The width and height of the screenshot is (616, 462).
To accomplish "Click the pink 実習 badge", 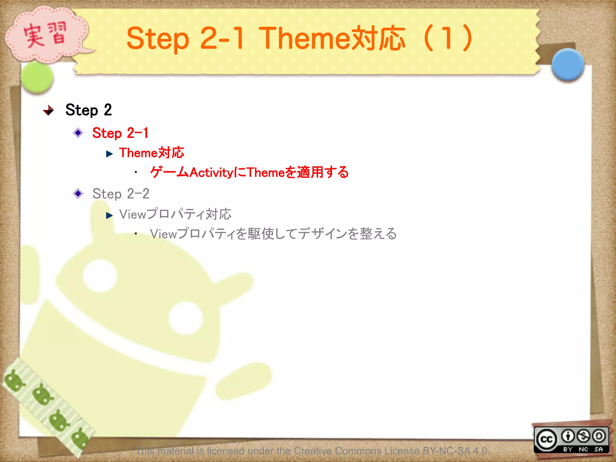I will tap(45, 35).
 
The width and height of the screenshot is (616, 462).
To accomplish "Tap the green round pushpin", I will tap(37, 77).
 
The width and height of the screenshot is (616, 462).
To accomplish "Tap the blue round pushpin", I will tap(568, 65).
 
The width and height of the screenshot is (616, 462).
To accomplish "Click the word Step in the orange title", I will tap(158, 39).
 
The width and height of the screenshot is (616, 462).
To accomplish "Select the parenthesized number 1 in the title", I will tap(448, 38).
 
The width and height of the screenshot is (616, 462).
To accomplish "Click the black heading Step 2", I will tap(88, 110).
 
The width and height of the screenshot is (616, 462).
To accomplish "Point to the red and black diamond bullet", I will tap(48, 110).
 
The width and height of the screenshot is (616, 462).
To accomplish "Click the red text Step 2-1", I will tap(120, 133).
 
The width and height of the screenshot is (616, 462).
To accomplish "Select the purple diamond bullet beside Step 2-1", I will tap(78, 133).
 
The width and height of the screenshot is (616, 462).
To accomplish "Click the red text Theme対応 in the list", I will tap(152, 153).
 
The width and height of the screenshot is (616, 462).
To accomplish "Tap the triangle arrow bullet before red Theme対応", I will tap(109, 154).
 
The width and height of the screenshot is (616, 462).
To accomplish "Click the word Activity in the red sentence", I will tap(211, 173).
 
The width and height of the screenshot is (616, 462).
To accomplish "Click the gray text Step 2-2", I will tap(121, 194).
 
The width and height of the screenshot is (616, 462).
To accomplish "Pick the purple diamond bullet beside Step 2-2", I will tap(78, 193).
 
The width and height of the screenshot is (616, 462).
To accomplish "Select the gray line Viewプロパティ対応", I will tap(175, 214).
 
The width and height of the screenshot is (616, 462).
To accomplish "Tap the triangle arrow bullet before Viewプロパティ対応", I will tap(109, 215).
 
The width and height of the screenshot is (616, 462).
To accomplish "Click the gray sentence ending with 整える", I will tap(273, 234).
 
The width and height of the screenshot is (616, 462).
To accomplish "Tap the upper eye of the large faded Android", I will tap(100, 276).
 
